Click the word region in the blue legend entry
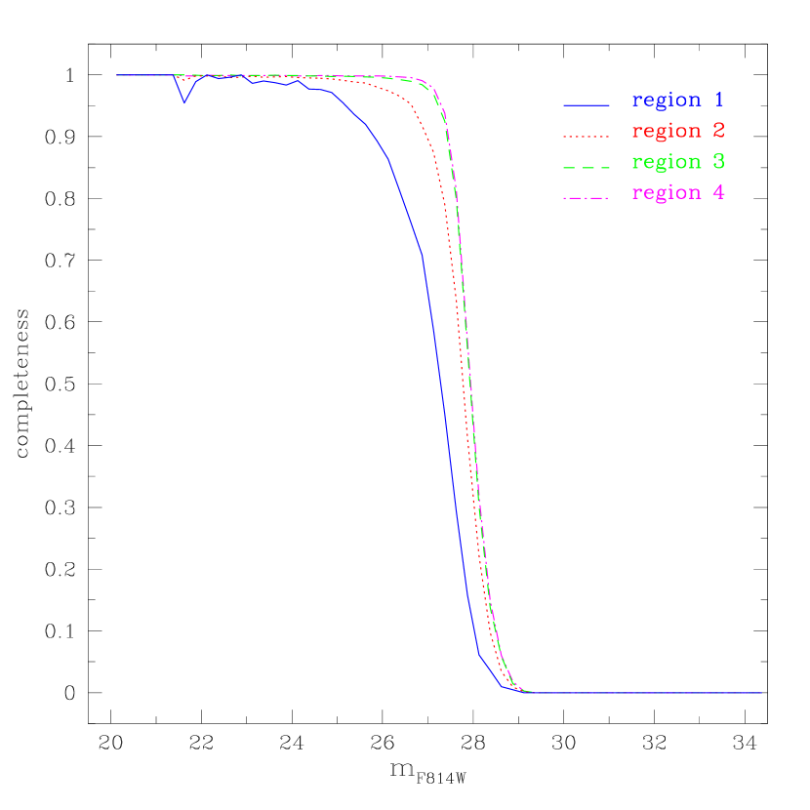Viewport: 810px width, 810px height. pos(667,101)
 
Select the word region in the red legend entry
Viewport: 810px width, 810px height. pos(667,132)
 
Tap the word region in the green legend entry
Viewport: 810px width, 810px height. pos(667,162)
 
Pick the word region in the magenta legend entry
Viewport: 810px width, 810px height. pos(667,193)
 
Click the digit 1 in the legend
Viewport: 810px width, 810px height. pos(719,100)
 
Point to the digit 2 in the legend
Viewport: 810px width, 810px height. pos(719,131)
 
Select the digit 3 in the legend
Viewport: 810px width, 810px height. pos(719,161)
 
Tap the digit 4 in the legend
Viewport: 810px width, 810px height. pos(719,192)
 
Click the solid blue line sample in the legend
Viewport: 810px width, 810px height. pos(586,104)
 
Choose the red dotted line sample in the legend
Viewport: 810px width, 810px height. pos(586,136)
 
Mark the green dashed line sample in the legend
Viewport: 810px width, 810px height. pos(586,167)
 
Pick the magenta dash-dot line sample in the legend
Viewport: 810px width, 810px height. pos(586,198)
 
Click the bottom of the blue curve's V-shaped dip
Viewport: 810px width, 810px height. pos(184,102)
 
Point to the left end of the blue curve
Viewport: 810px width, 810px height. pos(117,75)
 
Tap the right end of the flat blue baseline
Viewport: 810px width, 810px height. pos(761,693)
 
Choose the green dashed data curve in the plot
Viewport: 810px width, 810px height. pos(471,390)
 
